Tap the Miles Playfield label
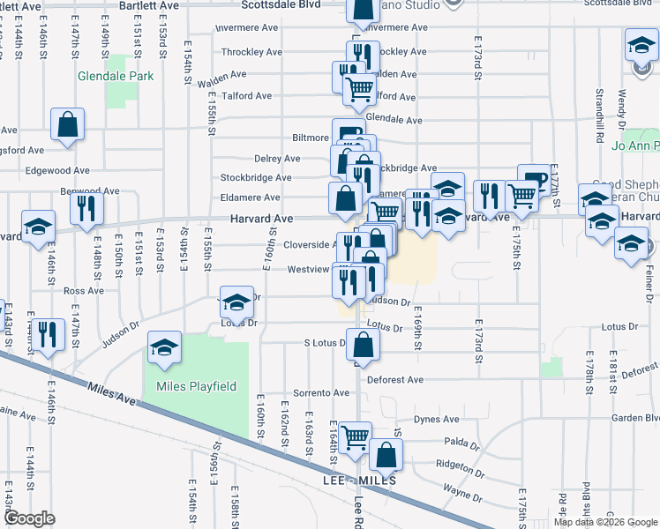tap(184, 386)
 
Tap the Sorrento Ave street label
tap(297, 392)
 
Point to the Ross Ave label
tap(84, 290)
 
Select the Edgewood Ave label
tap(57, 170)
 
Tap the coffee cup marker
tap(533, 180)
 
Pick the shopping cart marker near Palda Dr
tap(355, 436)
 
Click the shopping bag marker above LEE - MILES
tap(386, 455)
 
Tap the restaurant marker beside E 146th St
tap(49, 335)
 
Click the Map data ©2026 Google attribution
tap(605, 522)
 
